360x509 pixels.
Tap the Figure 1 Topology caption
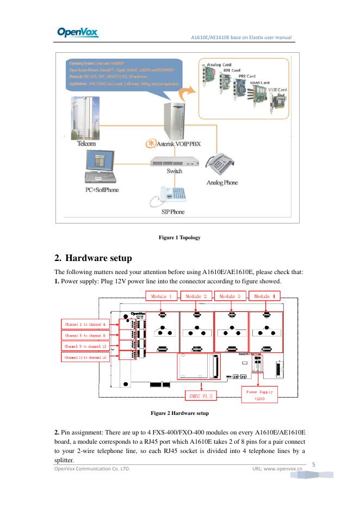[179, 238]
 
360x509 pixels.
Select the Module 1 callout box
[162, 296]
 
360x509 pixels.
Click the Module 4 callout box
[265, 296]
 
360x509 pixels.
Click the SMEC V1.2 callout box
[201, 396]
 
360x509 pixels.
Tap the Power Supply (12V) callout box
[259, 395]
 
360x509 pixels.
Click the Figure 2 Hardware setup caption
[179, 414]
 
